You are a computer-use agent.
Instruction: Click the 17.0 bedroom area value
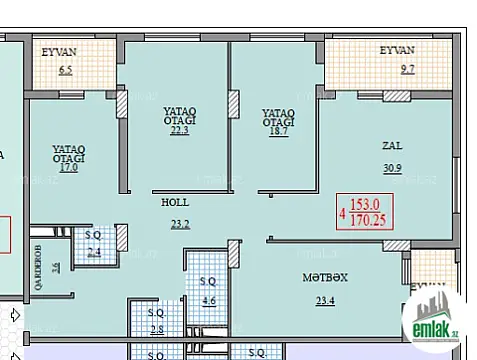(68, 167)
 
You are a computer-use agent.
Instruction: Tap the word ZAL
(392, 145)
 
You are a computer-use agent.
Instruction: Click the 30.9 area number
(392, 167)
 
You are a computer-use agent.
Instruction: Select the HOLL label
(175, 201)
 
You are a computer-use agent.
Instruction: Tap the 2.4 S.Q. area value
(94, 253)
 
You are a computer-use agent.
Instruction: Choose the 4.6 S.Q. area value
(209, 300)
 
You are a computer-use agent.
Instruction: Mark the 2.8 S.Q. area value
(156, 330)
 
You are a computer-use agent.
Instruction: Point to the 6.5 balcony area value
(66, 70)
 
